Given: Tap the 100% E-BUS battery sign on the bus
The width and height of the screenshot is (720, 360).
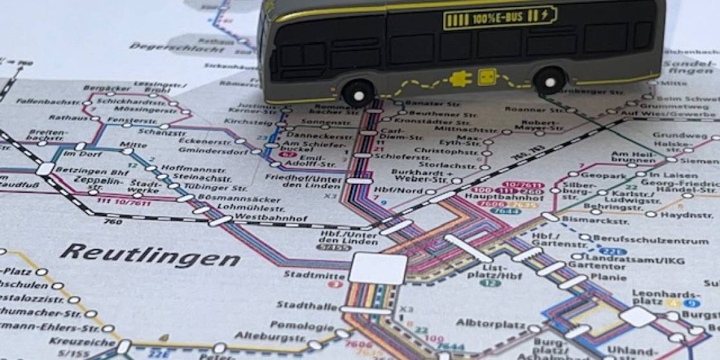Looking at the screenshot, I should (x=499, y=17).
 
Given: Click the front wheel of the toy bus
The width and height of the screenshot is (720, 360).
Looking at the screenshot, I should (x=358, y=93).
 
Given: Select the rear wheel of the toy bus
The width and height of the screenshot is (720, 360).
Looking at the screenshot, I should (x=550, y=80).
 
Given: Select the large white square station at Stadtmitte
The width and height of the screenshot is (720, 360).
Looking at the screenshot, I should (x=379, y=268).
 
